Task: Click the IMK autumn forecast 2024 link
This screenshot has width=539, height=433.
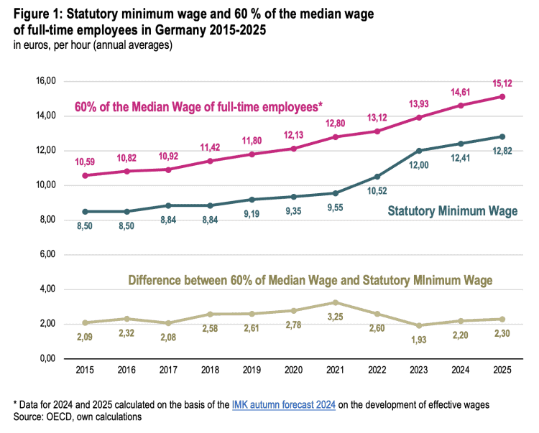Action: click(x=283, y=405)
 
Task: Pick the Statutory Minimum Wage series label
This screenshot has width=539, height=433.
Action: click(x=453, y=211)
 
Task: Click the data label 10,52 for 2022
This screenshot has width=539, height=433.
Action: click(x=376, y=192)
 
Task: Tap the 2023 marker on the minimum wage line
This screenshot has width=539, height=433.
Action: click(x=418, y=150)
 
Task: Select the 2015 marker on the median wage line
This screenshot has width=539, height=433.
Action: click(x=85, y=175)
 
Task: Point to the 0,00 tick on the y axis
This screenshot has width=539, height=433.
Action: click(x=47, y=359)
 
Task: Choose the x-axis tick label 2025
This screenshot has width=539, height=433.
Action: click(x=502, y=372)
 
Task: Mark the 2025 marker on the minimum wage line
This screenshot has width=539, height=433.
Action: click(x=502, y=136)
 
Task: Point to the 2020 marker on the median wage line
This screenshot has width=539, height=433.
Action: click(x=292, y=149)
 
